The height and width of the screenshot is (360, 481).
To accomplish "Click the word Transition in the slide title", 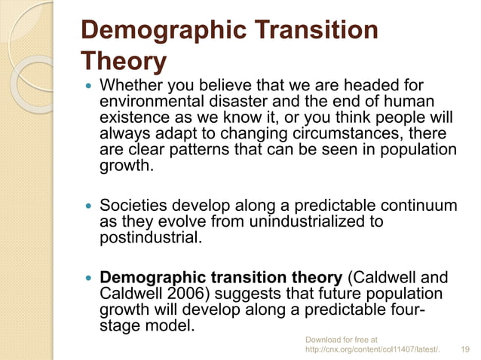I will (x=311, y=31).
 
